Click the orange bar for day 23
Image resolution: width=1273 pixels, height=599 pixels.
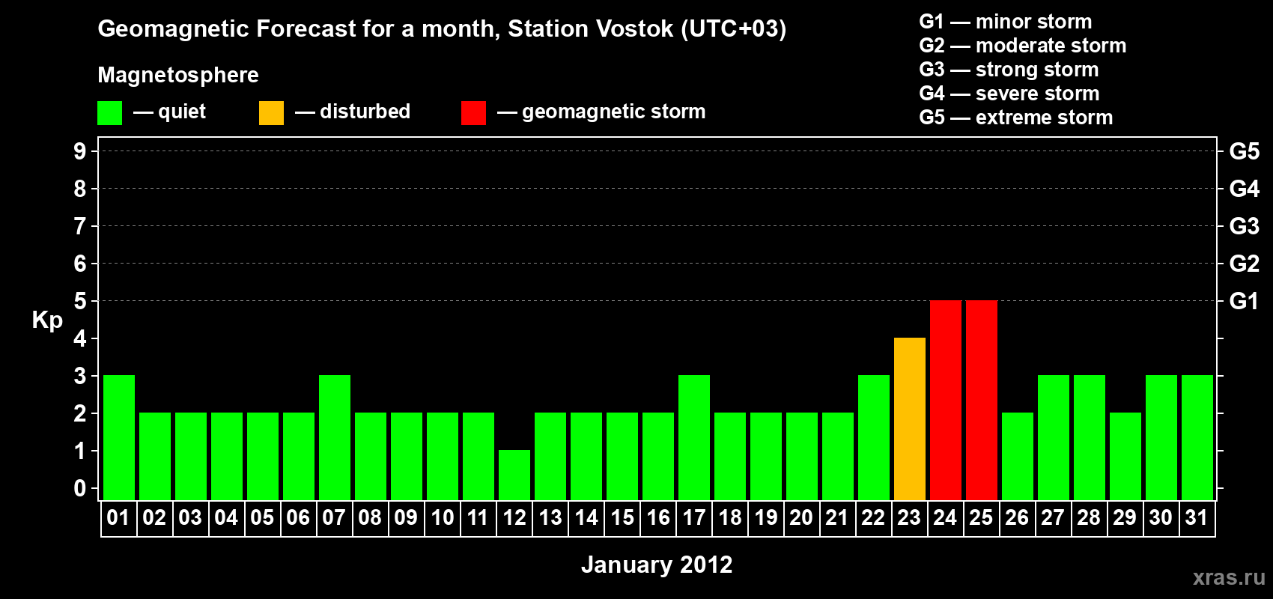coord(909,419)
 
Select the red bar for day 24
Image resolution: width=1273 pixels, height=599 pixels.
coord(946,400)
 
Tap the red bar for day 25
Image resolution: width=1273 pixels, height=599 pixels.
coord(982,400)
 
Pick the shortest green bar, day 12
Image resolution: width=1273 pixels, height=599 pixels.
coord(514,475)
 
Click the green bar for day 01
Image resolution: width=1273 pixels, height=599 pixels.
coord(119,437)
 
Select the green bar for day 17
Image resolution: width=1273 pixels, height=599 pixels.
coord(694,437)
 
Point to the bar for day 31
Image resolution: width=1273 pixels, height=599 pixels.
coord(1197,437)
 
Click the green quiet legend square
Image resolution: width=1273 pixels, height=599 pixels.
coord(109,112)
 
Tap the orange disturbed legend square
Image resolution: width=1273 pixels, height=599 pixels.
coord(271,112)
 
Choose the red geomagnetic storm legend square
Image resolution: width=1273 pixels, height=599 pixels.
coord(473,112)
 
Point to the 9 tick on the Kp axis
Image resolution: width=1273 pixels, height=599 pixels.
coord(79,152)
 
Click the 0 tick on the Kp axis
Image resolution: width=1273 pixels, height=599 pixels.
coord(79,489)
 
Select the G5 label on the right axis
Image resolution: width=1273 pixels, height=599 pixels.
coord(1244,152)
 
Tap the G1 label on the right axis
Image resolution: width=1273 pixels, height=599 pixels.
coord(1244,301)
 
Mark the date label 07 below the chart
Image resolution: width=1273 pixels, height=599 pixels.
coord(334,517)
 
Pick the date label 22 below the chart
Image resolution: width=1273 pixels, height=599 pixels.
coord(873,517)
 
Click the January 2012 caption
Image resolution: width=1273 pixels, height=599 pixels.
coord(657,565)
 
